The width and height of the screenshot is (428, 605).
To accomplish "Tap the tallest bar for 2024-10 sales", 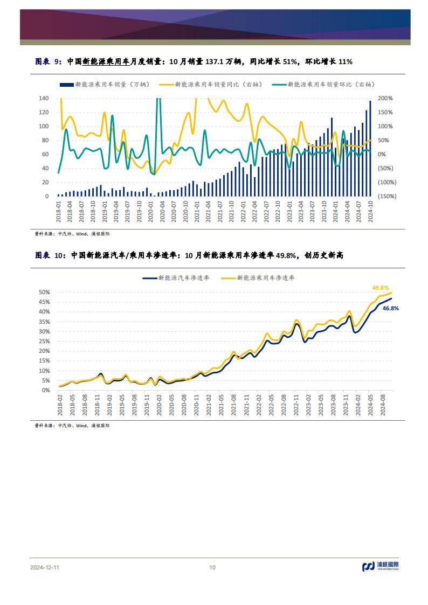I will click(370, 148).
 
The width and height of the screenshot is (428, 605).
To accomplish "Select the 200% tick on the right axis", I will click(386, 99).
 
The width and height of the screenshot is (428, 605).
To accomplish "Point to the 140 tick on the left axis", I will click(44, 99).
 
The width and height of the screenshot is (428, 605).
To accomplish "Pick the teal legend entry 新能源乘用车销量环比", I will click(323, 85).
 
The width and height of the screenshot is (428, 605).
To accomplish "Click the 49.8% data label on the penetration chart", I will click(381, 288).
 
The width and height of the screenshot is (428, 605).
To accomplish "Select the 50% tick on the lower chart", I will click(44, 292).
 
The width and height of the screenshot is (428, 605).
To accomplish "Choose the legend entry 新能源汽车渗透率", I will click(176, 278).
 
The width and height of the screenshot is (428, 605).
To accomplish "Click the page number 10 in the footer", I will click(212, 567).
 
